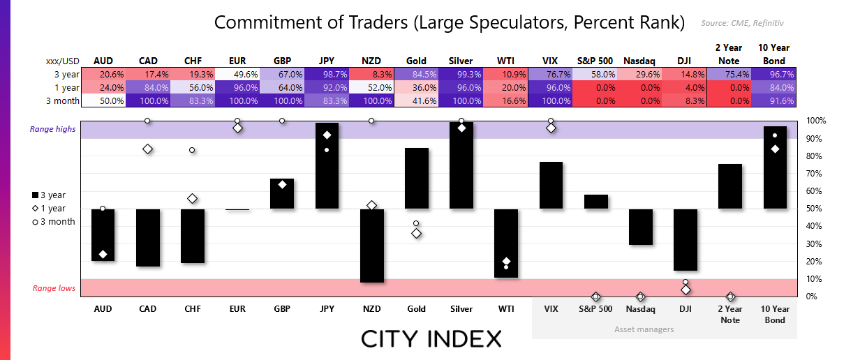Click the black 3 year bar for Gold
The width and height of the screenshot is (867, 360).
tap(416, 178)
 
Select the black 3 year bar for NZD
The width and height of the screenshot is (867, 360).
tap(371, 246)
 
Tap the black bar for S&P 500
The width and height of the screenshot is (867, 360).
tap(595, 202)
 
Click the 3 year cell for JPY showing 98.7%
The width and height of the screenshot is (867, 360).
tap(327, 74)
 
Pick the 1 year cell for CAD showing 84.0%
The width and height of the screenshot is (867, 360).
tap(149, 87)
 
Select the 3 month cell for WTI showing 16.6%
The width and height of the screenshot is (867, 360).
tap(506, 100)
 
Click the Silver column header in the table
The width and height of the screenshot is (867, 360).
tap(461, 61)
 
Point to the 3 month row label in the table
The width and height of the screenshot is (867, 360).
tap(61, 100)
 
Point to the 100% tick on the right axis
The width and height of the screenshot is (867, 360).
tap(816, 121)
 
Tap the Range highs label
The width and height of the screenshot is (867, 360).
tap(53, 129)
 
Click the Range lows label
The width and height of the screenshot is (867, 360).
tap(54, 288)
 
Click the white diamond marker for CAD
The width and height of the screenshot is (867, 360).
tap(147, 149)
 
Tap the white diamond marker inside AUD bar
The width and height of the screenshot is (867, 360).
tap(103, 254)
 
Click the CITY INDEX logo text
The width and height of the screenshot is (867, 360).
tap(431, 339)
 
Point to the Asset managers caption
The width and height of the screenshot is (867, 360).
tap(644, 329)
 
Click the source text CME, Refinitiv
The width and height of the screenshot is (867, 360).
tap(747, 23)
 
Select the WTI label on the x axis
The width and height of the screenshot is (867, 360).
tap(506, 308)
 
